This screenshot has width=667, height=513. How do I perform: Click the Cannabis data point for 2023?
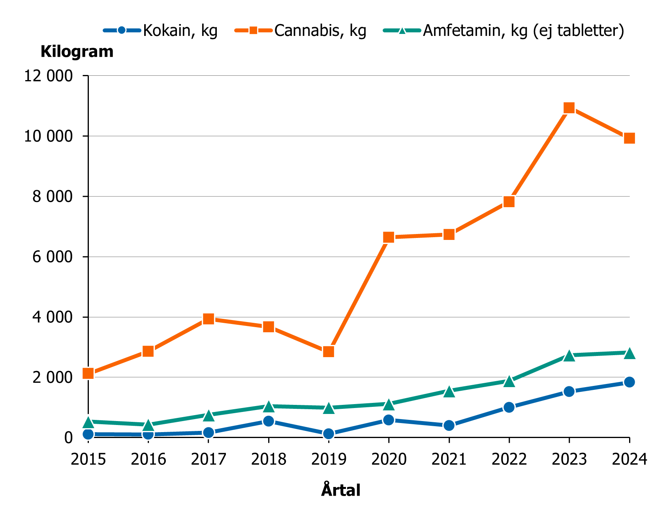[x=569, y=108]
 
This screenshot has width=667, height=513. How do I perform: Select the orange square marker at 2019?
[x=329, y=352]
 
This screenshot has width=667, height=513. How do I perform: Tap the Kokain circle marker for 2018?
[x=269, y=421]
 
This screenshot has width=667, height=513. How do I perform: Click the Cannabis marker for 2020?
[x=389, y=237]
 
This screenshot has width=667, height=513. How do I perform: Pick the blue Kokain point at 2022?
[x=509, y=407]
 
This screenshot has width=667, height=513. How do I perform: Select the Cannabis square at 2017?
[x=209, y=319]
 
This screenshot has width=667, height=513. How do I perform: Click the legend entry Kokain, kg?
[x=180, y=30]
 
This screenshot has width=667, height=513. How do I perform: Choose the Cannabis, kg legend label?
[x=320, y=30]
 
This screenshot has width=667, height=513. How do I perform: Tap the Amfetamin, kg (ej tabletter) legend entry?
[x=523, y=30]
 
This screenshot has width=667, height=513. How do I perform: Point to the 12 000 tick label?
[x=49, y=76]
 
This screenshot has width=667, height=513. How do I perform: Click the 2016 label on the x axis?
[x=148, y=459]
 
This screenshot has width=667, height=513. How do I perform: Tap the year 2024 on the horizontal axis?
[x=629, y=459]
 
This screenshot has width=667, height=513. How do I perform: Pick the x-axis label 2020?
[x=389, y=459]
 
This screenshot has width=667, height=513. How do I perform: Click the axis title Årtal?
[x=340, y=491]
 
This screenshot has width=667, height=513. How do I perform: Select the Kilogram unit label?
[x=77, y=52]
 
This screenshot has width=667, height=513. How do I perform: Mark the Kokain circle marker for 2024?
[x=629, y=382]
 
